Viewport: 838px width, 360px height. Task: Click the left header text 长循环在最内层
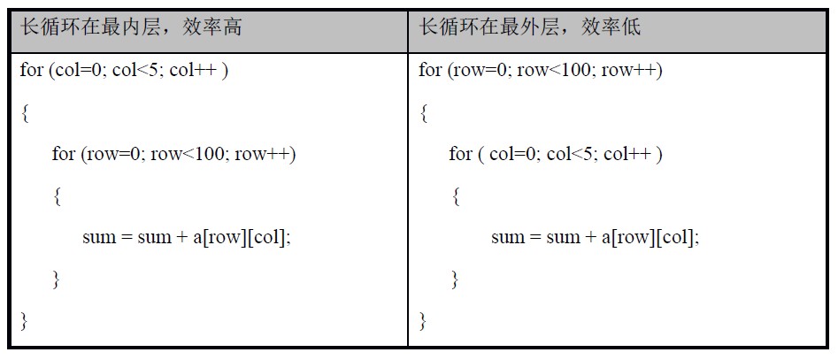pos(89,27)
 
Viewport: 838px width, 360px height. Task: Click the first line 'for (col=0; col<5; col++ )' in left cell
pos(124,71)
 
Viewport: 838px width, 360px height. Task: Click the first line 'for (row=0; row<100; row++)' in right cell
pos(541,71)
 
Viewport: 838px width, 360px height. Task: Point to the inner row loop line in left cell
pos(173,155)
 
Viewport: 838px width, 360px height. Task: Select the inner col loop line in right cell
pos(556,155)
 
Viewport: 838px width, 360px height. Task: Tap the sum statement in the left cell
pos(187,238)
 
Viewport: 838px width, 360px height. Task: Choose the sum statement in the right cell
pos(596,238)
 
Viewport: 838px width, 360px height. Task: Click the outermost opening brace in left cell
pos(24,114)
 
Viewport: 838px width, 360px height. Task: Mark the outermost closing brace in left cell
pos(24,321)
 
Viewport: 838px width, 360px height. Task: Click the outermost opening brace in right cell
pos(423,114)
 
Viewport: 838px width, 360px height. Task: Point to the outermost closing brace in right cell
pos(423,321)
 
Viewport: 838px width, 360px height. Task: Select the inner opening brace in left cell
pos(57,197)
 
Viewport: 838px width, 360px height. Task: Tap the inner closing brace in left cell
pos(57,280)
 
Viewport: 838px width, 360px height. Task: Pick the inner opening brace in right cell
pos(456,197)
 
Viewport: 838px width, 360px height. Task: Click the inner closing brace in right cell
pos(456,280)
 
